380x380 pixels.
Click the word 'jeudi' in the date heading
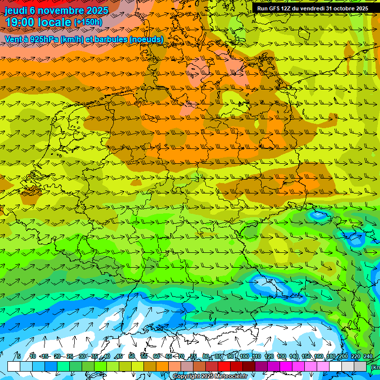pyautogui.click(x=15, y=10)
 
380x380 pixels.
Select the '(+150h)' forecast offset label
pyautogui.click(x=88, y=22)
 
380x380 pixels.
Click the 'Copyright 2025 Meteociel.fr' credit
pyautogui.click(x=210, y=377)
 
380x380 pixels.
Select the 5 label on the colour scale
pyautogui.click(x=19, y=356)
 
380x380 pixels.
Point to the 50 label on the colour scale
pyautogui.click(x=132, y=356)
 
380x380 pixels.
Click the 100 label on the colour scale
pyautogui.click(x=244, y=356)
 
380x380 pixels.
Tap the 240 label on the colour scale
pyautogui.click(x=368, y=356)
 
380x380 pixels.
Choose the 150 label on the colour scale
pyautogui.click(x=306, y=356)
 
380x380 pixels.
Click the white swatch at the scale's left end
pyautogui.click(x=14, y=366)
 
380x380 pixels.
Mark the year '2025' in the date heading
pyautogui.click(x=97, y=10)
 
